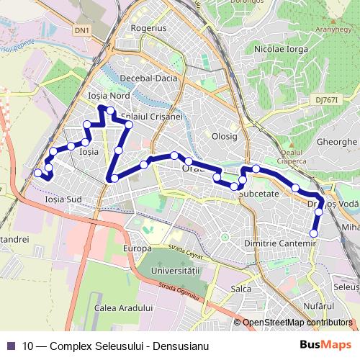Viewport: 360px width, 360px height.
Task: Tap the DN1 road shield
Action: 84,30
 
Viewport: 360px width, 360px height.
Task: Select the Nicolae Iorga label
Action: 282,49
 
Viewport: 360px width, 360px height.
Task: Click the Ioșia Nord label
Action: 107,96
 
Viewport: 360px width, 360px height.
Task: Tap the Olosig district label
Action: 225,135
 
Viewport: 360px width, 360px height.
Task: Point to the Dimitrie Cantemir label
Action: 280,244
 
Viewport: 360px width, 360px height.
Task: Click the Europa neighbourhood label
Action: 137,248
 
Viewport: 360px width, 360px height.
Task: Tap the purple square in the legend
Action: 12,344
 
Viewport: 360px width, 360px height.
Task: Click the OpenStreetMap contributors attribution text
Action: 297,323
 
